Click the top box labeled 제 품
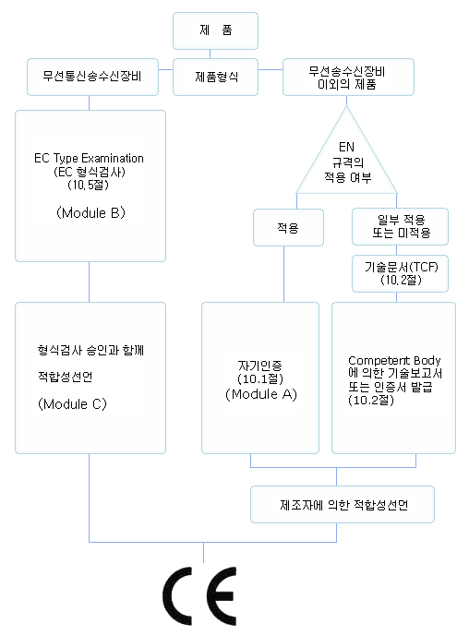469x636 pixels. [215, 30]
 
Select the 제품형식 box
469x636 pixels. [215, 77]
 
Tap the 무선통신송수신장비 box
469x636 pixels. [92, 77]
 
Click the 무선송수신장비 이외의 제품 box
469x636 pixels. [348, 77]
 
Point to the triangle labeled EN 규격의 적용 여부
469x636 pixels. [346, 162]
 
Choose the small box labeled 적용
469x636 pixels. [288, 228]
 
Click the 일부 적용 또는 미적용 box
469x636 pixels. [400, 227]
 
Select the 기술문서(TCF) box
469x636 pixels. [400, 273]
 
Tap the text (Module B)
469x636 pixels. [90, 212]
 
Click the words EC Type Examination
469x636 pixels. [89, 158]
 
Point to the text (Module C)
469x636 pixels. [72, 404]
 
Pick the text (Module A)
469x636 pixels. [261, 394]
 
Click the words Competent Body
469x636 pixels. [394, 360]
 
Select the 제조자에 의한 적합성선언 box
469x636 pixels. [343, 505]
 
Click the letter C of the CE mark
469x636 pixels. [177, 595]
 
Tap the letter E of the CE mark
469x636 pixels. [219, 595]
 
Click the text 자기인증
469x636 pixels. [259, 366]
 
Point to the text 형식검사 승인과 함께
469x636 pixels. [90, 350]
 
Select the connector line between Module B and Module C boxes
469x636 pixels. [89, 282]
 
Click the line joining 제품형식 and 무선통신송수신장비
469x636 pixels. [165, 70]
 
